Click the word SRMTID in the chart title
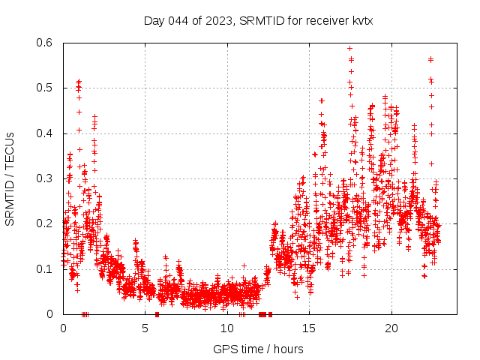coord(260,20)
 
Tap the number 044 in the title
coord(178,20)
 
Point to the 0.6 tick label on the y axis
coord(47,43)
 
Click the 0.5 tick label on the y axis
coord(47,88)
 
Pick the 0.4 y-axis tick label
coord(47,133)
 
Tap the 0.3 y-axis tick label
coord(47,178)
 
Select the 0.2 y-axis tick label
coord(47,223)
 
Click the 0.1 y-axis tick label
coord(47,268)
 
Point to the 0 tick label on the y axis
coord(52,314)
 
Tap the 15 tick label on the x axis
coord(309,328)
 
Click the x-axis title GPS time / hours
coord(258,349)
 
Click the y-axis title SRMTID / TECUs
coord(10,178)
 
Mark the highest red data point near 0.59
coord(349,49)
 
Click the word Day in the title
coord(154,20)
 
